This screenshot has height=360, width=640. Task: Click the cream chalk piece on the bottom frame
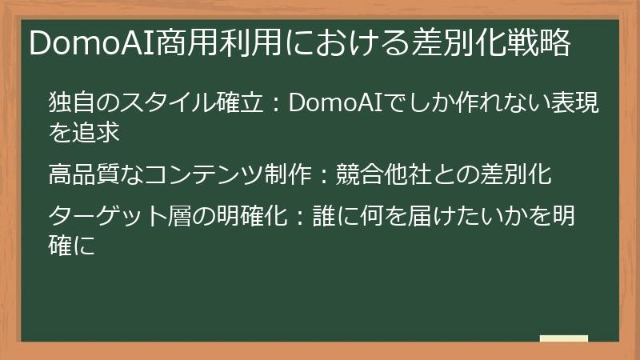563,338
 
